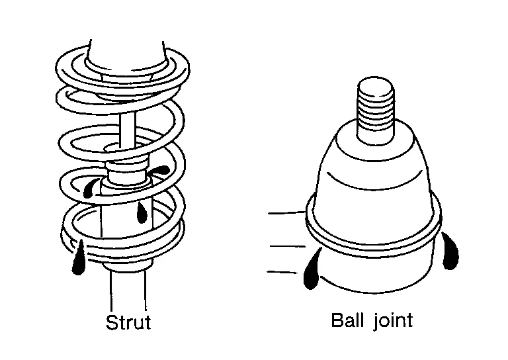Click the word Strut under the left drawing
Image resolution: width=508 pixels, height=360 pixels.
[128, 323]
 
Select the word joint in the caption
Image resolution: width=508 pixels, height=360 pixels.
[390, 322]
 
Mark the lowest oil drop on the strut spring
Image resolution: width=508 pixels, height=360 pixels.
[79, 259]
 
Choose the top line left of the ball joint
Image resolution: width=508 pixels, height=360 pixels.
[286, 213]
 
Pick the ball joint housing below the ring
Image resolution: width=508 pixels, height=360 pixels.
[377, 265]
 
